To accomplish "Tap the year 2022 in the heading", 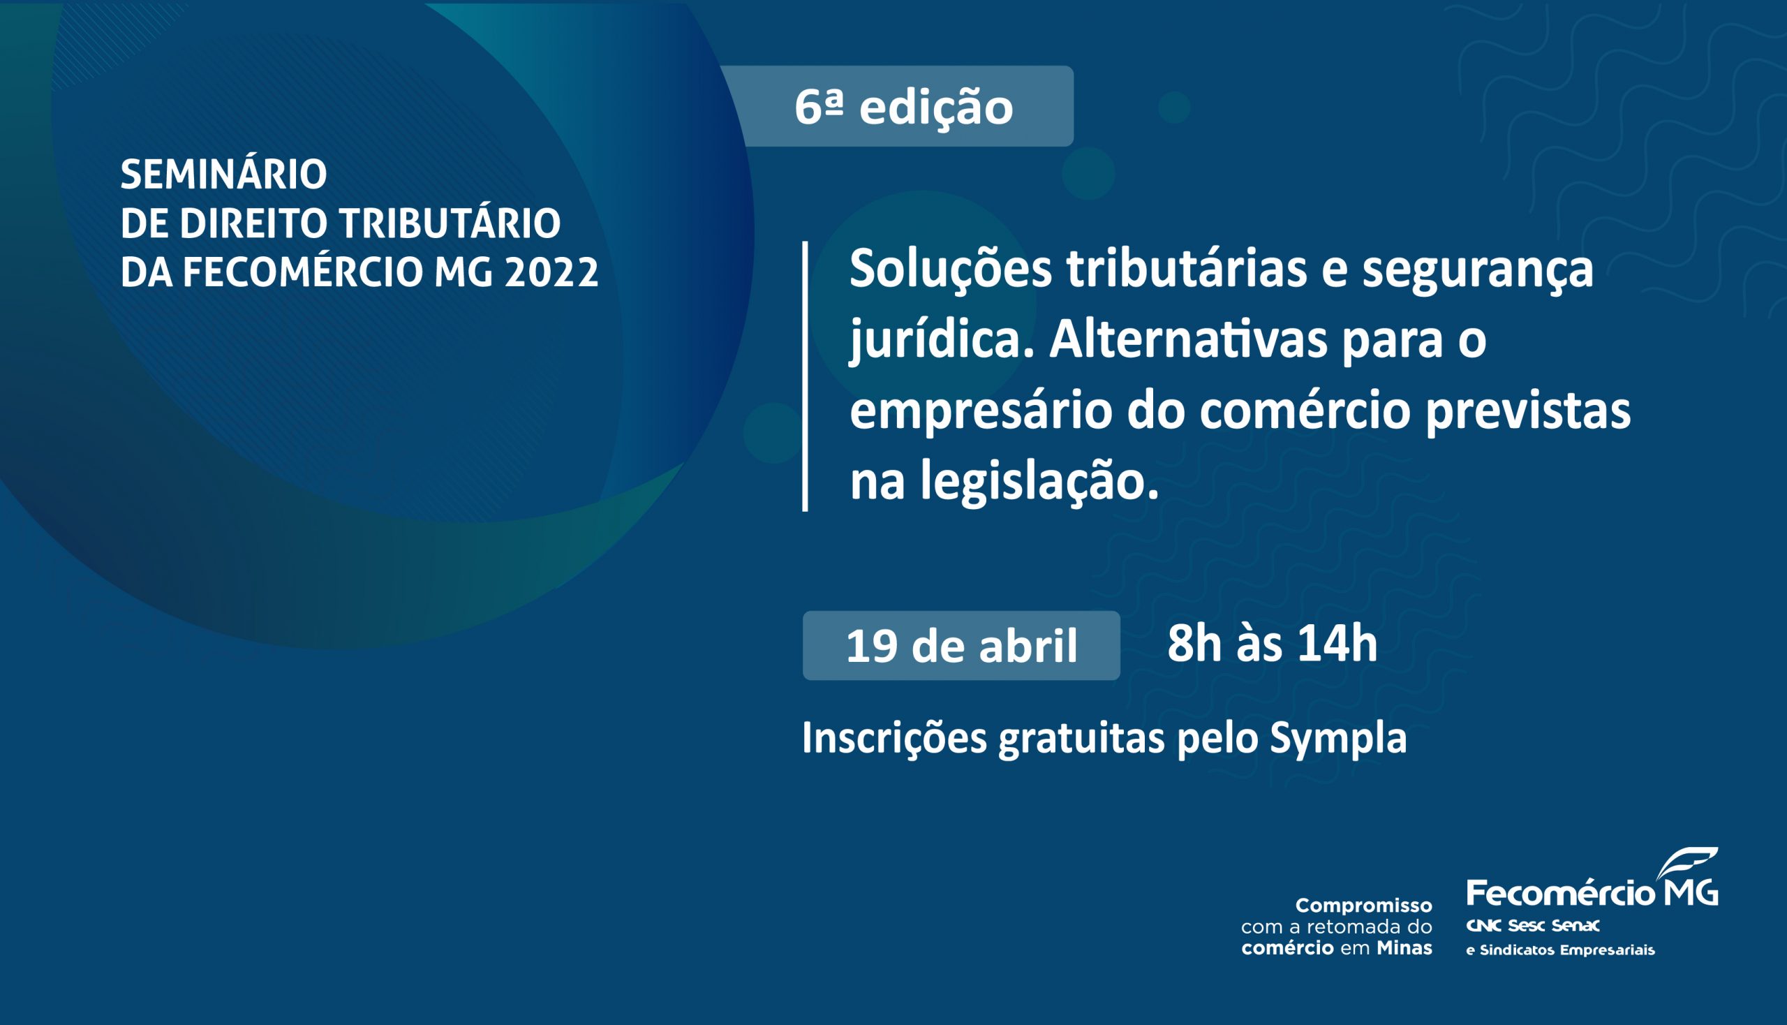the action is (x=551, y=272).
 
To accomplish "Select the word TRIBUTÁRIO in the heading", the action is (x=450, y=223).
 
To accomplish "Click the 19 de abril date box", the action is (x=961, y=646).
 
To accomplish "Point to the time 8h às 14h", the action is (x=1273, y=644).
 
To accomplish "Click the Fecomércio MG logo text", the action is (x=1592, y=892).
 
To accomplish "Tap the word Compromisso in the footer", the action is (x=1364, y=906).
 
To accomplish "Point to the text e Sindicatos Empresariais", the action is (x=1560, y=950).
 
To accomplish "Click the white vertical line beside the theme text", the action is (x=805, y=376).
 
